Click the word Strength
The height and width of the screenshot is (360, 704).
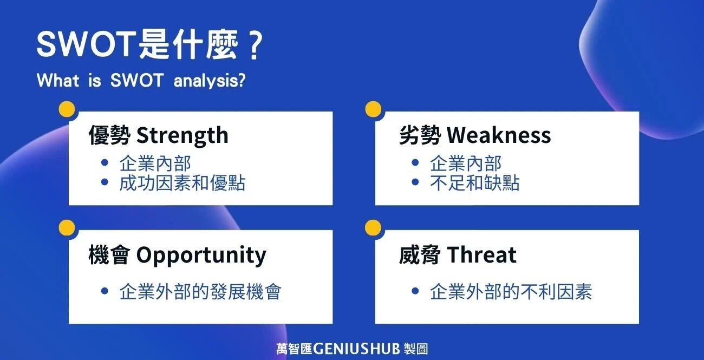point(182,135)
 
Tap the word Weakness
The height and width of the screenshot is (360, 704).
point(499,135)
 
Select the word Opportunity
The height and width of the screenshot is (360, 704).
point(201,256)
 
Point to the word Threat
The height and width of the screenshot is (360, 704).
point(481,255)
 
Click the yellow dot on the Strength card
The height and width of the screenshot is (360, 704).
point(67,110)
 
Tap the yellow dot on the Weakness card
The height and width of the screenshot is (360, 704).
point(373,109)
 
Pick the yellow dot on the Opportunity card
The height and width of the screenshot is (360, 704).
point(67,228)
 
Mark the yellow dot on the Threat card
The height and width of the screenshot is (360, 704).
point(373,227)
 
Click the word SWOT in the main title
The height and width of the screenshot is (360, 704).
point(86,44)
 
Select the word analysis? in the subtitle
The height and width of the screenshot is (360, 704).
point(210,81)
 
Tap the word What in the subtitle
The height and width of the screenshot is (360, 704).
point(57,80)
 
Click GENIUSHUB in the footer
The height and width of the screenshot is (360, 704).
point(356,349)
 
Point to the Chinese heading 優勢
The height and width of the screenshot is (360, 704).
point(109,135)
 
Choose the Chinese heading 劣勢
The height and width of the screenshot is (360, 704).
point(420,135)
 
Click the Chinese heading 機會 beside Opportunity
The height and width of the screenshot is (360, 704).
point(109,255)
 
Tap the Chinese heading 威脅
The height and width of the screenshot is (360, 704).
point(420,255)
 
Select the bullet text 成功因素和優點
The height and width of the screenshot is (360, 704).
point(182,183)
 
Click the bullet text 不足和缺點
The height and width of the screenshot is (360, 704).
point(474,183)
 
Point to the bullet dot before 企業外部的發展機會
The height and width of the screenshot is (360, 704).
point(105,291)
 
